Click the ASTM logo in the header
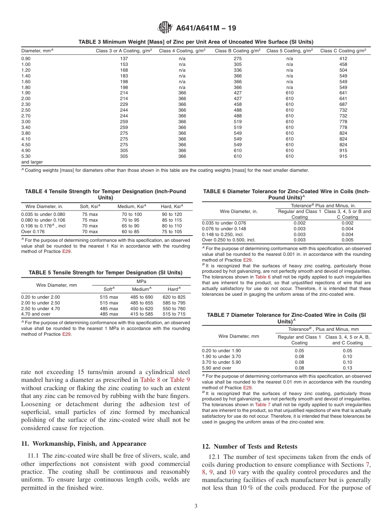tap(165, 28)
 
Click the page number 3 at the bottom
tap(196, 506)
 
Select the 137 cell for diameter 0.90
tap(124, 58)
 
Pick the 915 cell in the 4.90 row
tap(343, 150)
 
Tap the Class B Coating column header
tap(237, 51)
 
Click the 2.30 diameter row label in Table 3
tap(26, 104)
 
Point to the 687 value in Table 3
tap(343, 104)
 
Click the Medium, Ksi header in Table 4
tap(131, 206)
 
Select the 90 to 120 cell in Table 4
tap(172, 214)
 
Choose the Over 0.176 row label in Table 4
tap(33, 232)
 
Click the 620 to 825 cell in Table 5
tap(174, 297)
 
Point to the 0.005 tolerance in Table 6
tap(347, 240)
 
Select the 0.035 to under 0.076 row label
tap(224, 223)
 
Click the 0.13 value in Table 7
tap(347, 368)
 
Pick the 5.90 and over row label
tap(217, 368)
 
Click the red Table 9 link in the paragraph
tap(180, 380)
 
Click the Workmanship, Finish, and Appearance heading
tap(83, 444)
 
